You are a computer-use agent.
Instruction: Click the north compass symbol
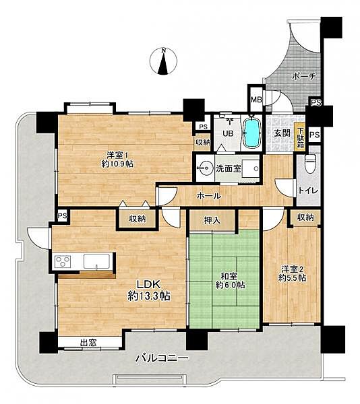pos(164,61)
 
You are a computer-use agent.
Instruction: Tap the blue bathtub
pos(251,133)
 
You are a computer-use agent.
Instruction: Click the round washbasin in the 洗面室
pos(205,168)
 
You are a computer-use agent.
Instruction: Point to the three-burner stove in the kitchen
pos(63,261)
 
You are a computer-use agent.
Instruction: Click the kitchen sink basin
pos(96,261)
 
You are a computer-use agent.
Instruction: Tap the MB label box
pos(256,100)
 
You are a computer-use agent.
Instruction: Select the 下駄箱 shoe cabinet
pos(300,138)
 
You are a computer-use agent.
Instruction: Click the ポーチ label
pos(304,76)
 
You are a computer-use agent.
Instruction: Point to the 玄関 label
pos(282,133)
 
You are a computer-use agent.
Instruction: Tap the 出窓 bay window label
pos(88,343)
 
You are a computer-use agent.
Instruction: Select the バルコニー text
pos(162,358)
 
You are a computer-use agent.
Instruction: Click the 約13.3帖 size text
pos(149,296)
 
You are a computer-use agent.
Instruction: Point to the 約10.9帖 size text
pos(117,164)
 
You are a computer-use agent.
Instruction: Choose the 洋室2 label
pos(292,269)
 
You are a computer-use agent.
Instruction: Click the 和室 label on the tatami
pos(229,277)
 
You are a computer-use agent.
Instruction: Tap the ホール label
pos(209,196)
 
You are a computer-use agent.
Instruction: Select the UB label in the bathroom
pos(229,133)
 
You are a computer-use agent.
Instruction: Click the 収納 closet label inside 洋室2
pos(305,217)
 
